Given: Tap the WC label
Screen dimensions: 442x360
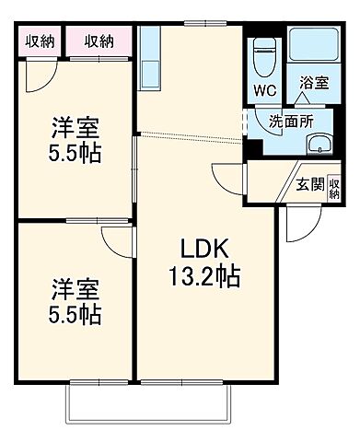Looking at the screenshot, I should click(265, 91).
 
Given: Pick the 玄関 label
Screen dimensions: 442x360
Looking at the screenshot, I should click(309, 184).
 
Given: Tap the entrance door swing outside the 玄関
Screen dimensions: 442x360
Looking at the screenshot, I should click(296, 221).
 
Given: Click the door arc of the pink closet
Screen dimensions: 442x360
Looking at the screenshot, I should click(39, 73).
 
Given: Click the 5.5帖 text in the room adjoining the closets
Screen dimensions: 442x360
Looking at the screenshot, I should click(75, 153).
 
